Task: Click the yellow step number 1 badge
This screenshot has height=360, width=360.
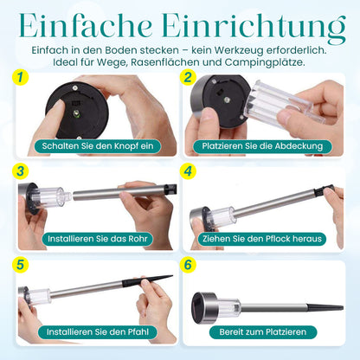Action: pos(21,78)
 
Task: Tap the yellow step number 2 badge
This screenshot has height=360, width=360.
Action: pos(188,78)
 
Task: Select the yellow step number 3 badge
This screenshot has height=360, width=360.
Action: pos(21,171)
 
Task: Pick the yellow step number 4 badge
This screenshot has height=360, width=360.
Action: pos(188,171)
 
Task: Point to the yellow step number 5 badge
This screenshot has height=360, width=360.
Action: pos(21,265)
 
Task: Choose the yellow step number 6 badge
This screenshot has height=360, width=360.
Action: pos(188,265)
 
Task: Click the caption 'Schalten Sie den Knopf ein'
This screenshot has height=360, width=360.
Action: pos(98,146)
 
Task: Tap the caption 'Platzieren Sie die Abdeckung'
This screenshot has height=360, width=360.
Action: pos(262,146)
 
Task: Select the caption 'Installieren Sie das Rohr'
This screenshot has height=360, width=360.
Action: pos(98,239)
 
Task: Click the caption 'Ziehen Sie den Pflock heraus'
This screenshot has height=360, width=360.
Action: pos(262,239)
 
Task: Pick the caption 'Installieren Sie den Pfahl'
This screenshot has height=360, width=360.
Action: pos(98,331)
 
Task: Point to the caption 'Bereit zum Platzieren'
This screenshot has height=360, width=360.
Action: pos(263,331)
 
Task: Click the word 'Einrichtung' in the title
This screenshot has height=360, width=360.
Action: pos(254,28)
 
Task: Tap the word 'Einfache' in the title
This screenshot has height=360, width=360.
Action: pos(86,25)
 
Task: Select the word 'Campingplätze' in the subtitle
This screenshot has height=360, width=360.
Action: pos(265,62)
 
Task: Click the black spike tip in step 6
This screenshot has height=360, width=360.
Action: pos(343,308)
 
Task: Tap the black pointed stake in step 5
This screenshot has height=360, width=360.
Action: pos(148,280)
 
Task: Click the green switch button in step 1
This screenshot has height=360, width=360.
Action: pos(77,113)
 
